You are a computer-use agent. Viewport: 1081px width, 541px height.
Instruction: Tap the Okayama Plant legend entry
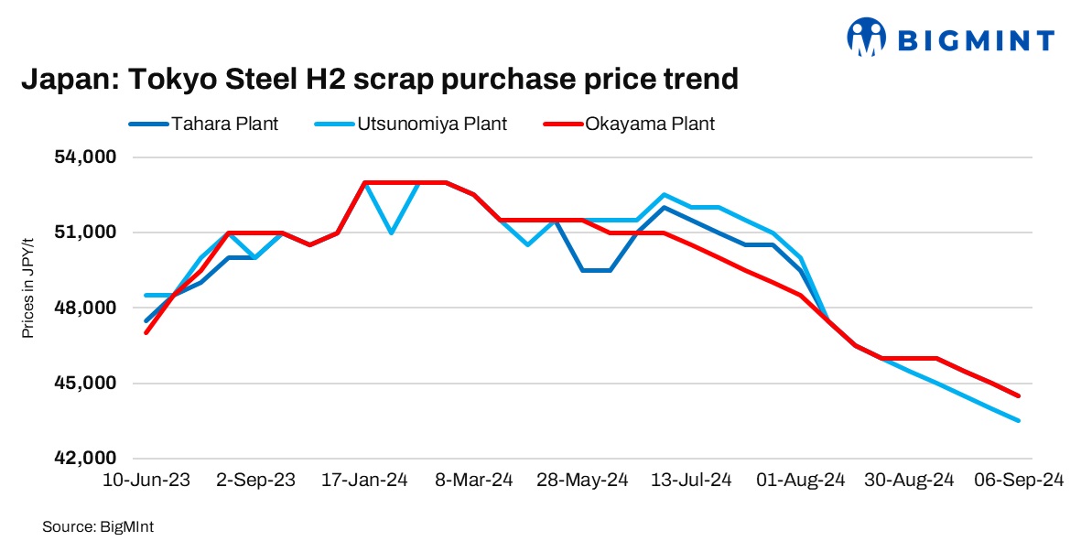click(x=650, y=124)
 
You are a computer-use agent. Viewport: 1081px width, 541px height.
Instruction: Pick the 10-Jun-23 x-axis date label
click(x=147, y=480)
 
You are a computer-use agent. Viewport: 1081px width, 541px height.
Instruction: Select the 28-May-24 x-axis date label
click(x=583, y=480)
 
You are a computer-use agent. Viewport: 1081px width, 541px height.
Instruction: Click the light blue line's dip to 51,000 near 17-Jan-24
click(x=392, y=233)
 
